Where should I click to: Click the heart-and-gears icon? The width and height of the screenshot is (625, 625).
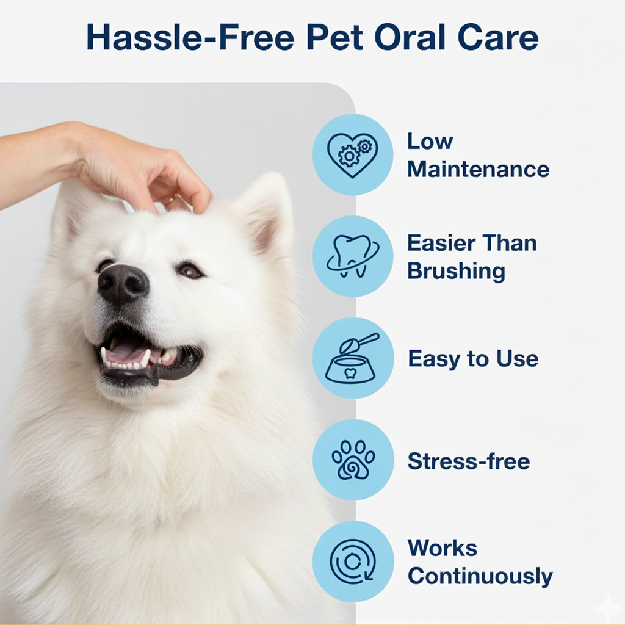(x=353, y=154)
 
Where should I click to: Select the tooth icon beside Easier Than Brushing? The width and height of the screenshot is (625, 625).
(x=353, y=256)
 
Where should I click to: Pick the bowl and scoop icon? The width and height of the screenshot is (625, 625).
(x=353, y=358)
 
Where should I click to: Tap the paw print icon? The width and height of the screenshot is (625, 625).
(x=353, y=460)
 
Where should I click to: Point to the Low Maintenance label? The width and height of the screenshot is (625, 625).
(x=478, y=155)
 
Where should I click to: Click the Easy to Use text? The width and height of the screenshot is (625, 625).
(x=473, y=359)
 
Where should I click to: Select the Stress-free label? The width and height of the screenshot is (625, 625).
(x=469, y=461)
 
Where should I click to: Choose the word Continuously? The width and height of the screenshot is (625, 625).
(x=480, y=576)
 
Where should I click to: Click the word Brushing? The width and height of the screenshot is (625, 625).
(x=456, y=271)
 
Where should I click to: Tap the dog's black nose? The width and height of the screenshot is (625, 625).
(x=123, y=283)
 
